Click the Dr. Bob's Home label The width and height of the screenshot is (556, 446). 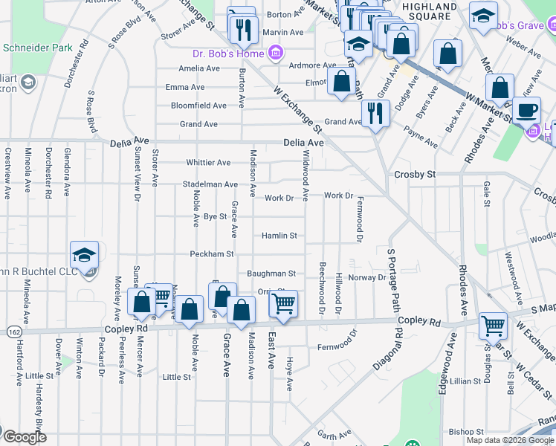228,54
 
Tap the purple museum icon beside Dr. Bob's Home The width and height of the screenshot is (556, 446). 276,53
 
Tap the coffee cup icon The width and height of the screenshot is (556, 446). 528,111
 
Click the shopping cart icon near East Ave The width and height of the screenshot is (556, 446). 282,303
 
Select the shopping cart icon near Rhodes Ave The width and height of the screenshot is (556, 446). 493,324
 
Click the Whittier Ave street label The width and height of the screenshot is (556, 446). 208,163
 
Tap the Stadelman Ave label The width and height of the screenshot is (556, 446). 210,184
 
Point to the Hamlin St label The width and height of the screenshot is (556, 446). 279,236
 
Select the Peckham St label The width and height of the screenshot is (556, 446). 212,254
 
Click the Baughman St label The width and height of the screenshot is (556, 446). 271,274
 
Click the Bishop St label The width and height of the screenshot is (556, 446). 466,431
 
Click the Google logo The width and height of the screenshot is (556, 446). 25,437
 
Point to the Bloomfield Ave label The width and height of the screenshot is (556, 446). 198,106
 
